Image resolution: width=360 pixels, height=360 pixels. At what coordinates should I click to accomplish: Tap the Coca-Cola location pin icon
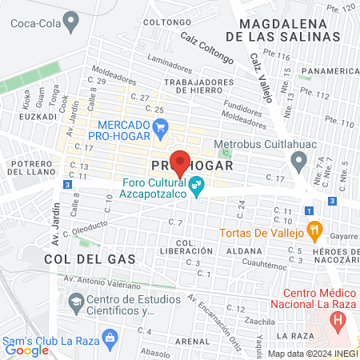(x=72, y=20)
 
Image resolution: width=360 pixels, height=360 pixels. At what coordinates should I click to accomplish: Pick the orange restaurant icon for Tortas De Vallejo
(x=314, y=229)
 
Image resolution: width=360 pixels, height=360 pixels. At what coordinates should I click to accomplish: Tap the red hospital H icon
(x=339, y=321)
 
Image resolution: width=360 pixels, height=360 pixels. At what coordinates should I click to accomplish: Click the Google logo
(x=26, y=350)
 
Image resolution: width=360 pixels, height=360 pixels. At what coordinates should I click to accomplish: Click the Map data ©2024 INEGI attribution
(x=312, y=353)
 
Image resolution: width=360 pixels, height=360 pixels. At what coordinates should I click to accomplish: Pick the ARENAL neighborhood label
(x=192, y=340)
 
